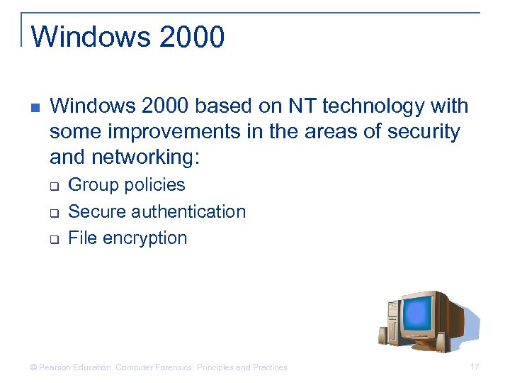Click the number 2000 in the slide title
[193, 36]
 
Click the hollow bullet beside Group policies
[53, 187]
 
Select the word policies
[156, 185]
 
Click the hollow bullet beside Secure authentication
[53, 213]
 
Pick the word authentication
[188, 211]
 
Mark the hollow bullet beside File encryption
[53, 239]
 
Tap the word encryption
[145, 238]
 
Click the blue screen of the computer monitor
[419, 313]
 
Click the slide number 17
[475, 367]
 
